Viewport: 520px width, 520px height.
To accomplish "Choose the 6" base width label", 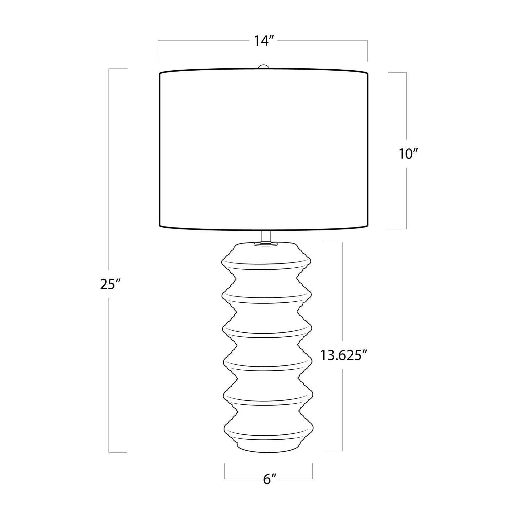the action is [270, 479].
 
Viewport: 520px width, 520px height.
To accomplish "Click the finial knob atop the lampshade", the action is [263, 67].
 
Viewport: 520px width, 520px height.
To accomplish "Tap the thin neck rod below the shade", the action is [266, 236].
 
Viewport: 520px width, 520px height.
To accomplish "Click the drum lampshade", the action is [263, 148].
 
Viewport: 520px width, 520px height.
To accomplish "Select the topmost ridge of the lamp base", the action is [266, 263].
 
